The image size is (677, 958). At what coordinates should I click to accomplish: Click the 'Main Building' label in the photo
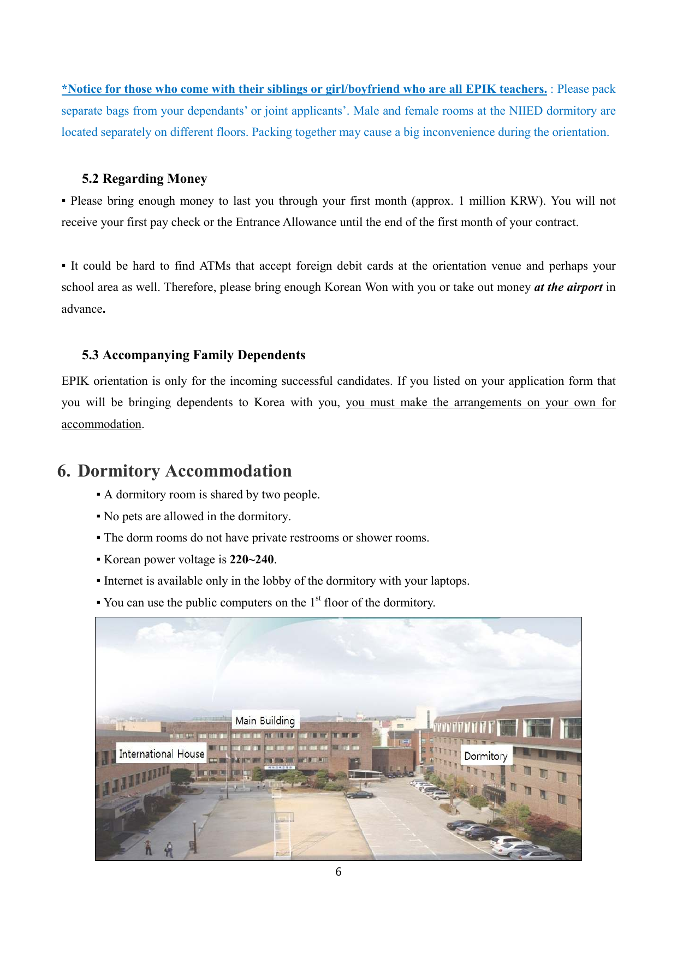[265, 721]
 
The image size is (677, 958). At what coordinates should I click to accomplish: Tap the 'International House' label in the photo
[162, 754]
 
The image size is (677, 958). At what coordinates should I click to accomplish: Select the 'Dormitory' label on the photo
[485, 756]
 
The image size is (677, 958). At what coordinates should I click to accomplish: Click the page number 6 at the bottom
[339, 872]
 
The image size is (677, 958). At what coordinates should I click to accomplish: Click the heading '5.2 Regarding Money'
[144, 179]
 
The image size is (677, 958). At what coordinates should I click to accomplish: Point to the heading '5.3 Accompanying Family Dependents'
[193, 355]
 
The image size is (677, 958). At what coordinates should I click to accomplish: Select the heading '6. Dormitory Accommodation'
[175, 471]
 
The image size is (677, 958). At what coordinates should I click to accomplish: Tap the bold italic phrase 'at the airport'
[568, 288]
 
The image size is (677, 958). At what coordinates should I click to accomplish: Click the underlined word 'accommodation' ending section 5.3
[101, 424]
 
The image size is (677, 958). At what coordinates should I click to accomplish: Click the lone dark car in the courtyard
[360, 795]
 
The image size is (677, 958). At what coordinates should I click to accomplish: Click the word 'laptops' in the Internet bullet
[449, 581]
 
